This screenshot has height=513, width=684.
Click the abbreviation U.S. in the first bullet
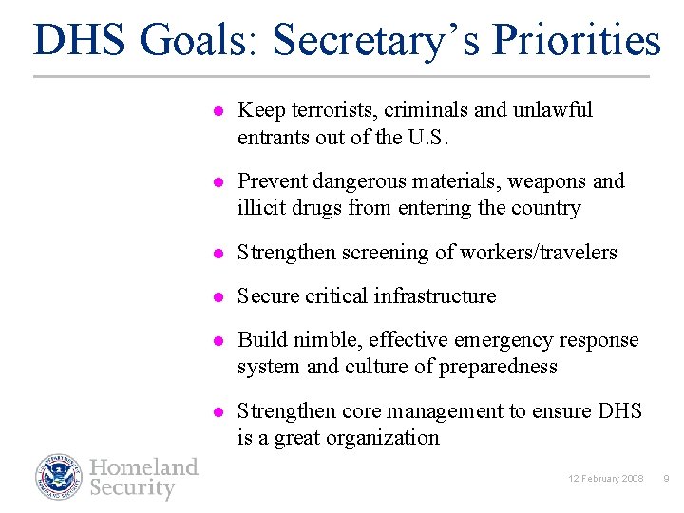[x=427, y=137]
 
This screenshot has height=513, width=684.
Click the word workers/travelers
[x=538, y=253]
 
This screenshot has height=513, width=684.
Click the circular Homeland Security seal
[x=60, y=477]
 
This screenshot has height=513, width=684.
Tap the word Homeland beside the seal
[x=143, y=466]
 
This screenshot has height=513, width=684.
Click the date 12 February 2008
[x=606, y=478]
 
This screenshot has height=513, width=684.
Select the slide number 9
[x=666, y=478]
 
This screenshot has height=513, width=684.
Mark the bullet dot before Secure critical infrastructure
[x=217, y=296]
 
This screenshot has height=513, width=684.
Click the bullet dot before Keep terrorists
[x=217, y=111]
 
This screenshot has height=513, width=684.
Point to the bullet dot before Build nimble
[x=217, y=341]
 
